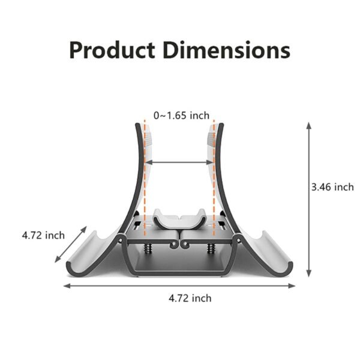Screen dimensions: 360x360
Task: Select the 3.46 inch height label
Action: click(x=332, y=187)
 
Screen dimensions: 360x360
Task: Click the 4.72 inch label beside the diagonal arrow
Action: click(x=43, y=235)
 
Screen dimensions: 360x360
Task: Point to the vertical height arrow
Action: click(x=308, y=198)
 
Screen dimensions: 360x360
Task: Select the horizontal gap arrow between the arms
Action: click(x=179, y=161)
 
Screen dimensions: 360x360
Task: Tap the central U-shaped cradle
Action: click(x=179, y=220)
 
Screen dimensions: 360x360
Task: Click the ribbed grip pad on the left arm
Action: click(x=148, y=141)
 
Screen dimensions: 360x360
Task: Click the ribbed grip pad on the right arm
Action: click(x=211, y=141)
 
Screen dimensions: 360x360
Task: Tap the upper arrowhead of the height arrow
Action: click(x=308, y=126)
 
